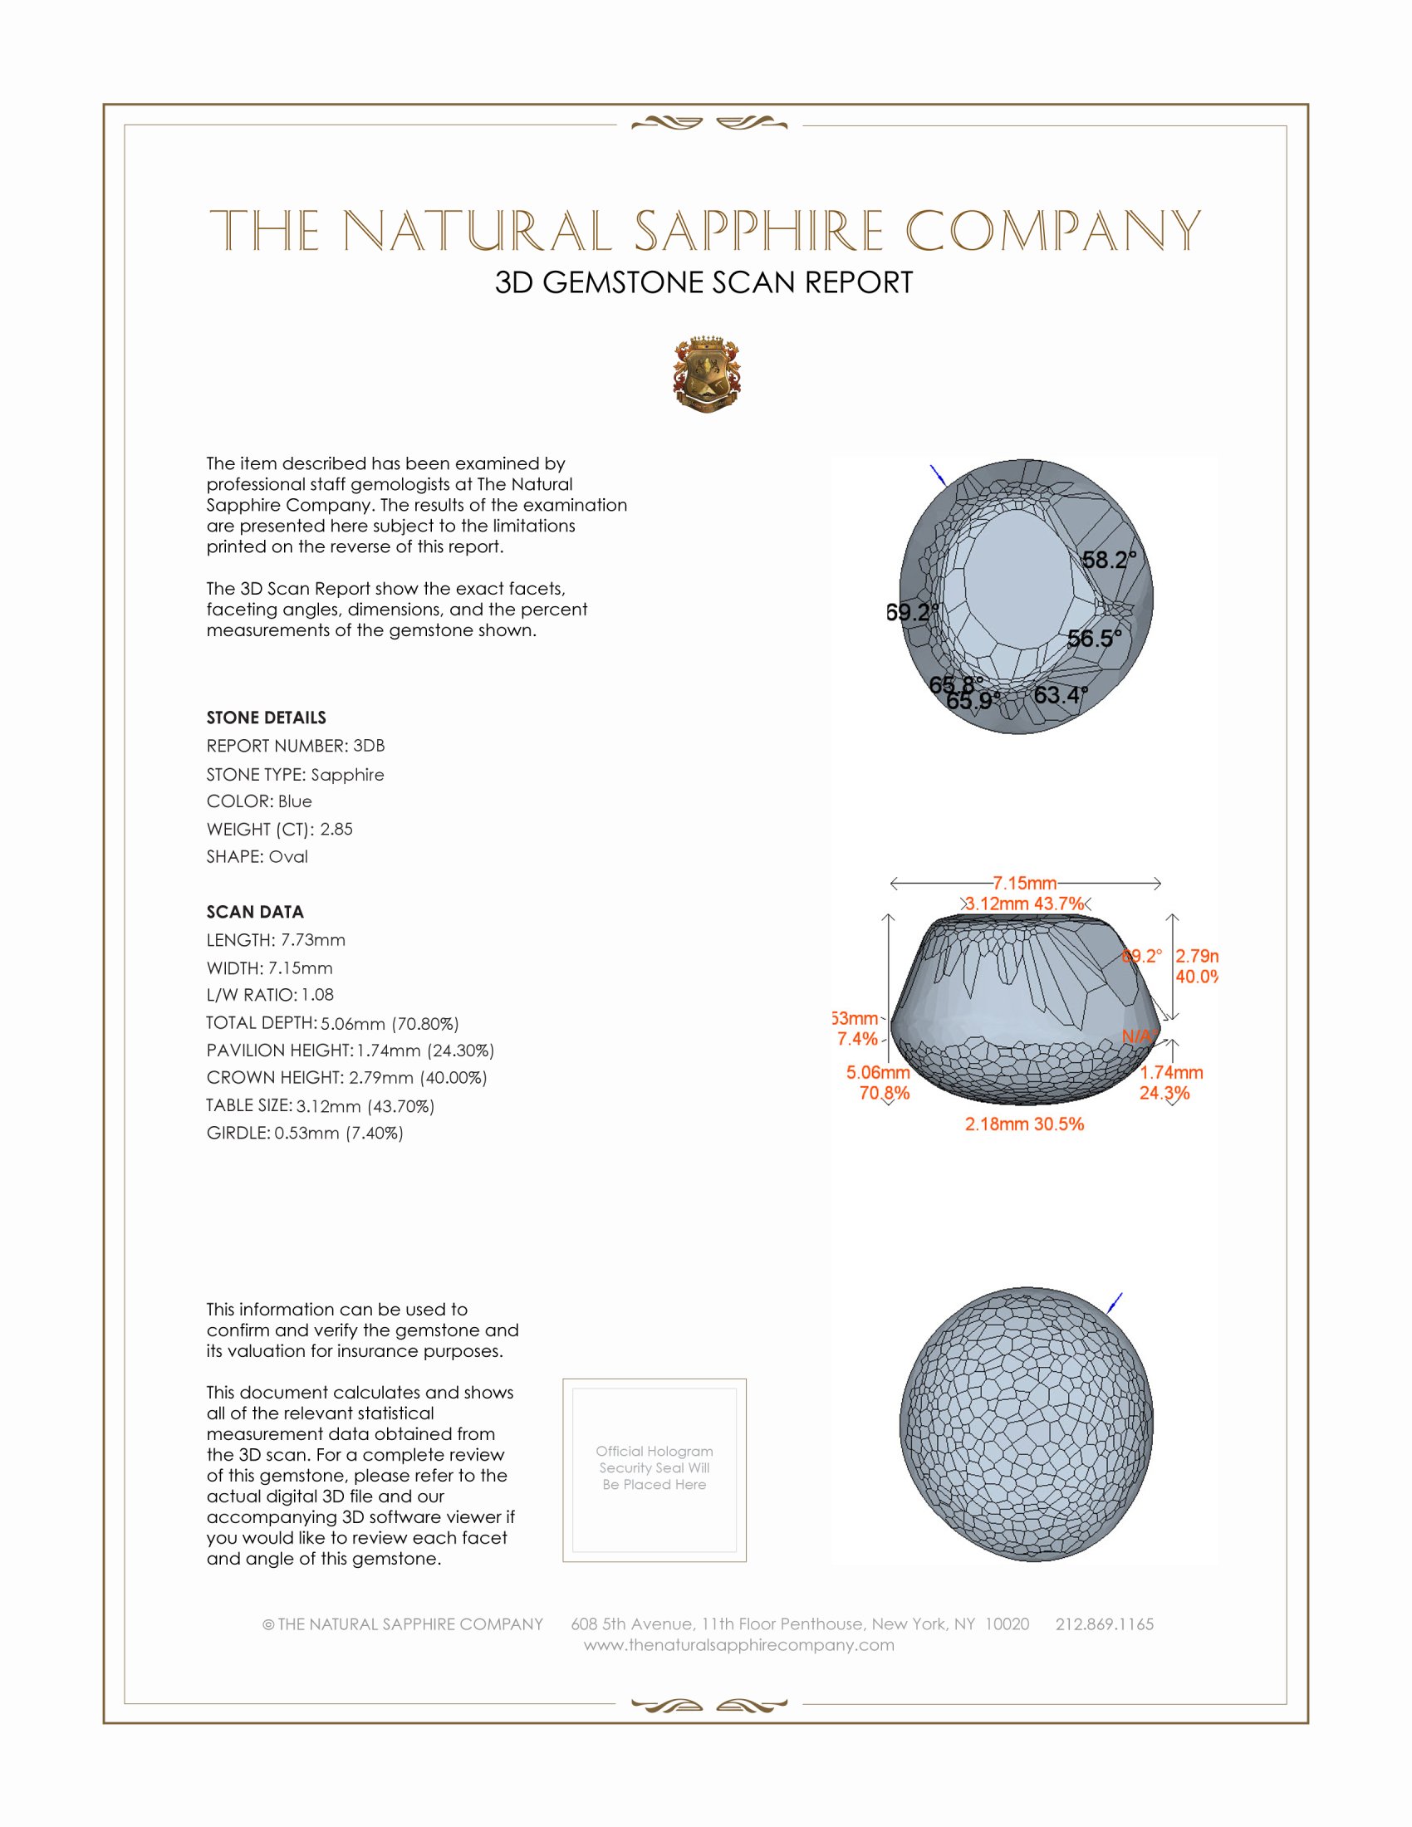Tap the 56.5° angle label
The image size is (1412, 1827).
(1093, 639)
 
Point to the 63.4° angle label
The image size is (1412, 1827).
(1060, 694)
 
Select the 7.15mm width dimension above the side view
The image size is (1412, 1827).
(1024, 884)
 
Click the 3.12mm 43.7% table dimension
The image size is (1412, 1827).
(1024, 904)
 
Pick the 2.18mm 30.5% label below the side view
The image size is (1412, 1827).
(1024, 1124)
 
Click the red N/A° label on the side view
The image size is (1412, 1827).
(1139, 1036)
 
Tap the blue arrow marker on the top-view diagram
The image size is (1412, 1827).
(938, 475)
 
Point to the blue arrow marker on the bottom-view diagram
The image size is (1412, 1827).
(1114, 1302)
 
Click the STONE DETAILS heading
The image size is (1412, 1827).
(266, 718)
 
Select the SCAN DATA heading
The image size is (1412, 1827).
(255, 912)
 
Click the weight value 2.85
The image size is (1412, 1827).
(336, 829)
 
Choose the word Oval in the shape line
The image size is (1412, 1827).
(287, 857)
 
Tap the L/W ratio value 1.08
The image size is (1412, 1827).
(317, 995)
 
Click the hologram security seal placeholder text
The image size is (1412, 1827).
(655, 1467)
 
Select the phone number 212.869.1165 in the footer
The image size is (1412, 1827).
(1104, 1624)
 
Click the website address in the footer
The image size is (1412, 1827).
(738, 1644)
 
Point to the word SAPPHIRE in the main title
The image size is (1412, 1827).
(758, 231)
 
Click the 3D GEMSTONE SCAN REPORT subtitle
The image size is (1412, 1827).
(704, 282)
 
